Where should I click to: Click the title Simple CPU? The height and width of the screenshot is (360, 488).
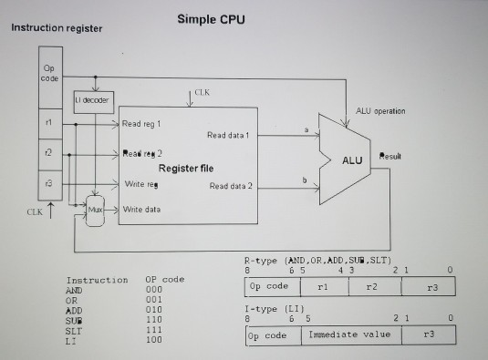pos(211,20)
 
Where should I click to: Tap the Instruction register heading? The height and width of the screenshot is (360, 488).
pos(57,28)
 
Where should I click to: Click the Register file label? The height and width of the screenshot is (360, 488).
pos(187,169)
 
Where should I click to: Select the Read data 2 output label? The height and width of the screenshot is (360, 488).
pos(231,186)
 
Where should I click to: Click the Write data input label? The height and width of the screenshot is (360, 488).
pos(140,209)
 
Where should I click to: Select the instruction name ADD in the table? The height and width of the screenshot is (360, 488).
pos(78,310)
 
